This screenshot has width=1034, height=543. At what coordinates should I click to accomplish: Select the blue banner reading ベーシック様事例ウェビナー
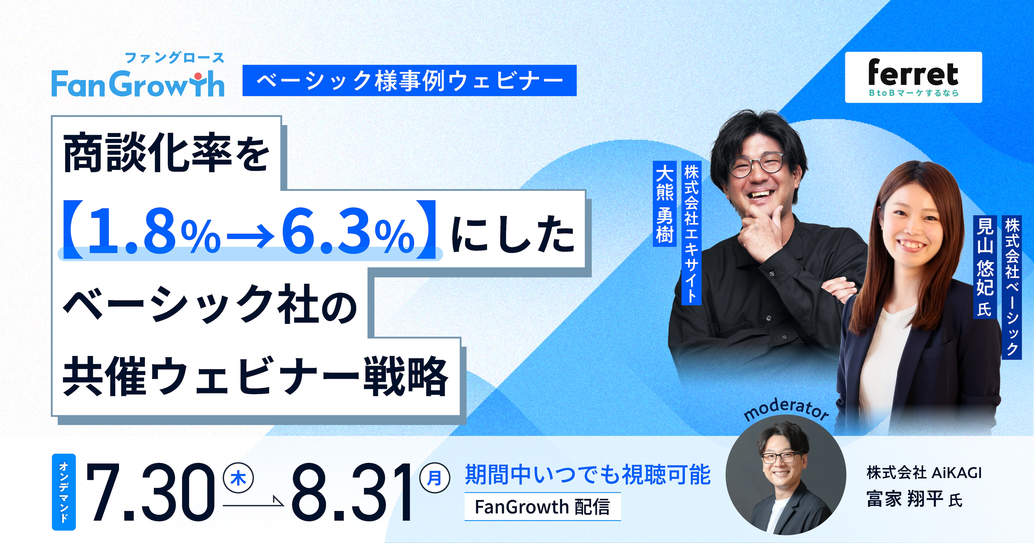click(409, 80)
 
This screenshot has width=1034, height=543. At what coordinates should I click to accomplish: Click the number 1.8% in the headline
click(154, 232)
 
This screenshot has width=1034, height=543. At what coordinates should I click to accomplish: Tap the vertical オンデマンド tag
click(64, 492)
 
